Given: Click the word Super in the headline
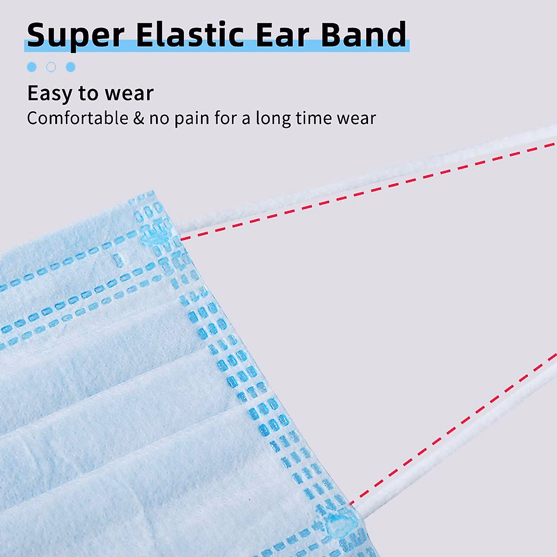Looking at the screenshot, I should [x=76, y=35].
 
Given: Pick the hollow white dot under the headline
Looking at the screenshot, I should [x=51, y=67].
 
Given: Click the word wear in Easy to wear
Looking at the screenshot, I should [x=129, y=94].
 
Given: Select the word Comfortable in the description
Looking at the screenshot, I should [x=78, y=118].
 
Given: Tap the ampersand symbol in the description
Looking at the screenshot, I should [x=139, y=118].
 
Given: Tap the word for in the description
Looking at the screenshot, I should [x=225, y=118].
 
